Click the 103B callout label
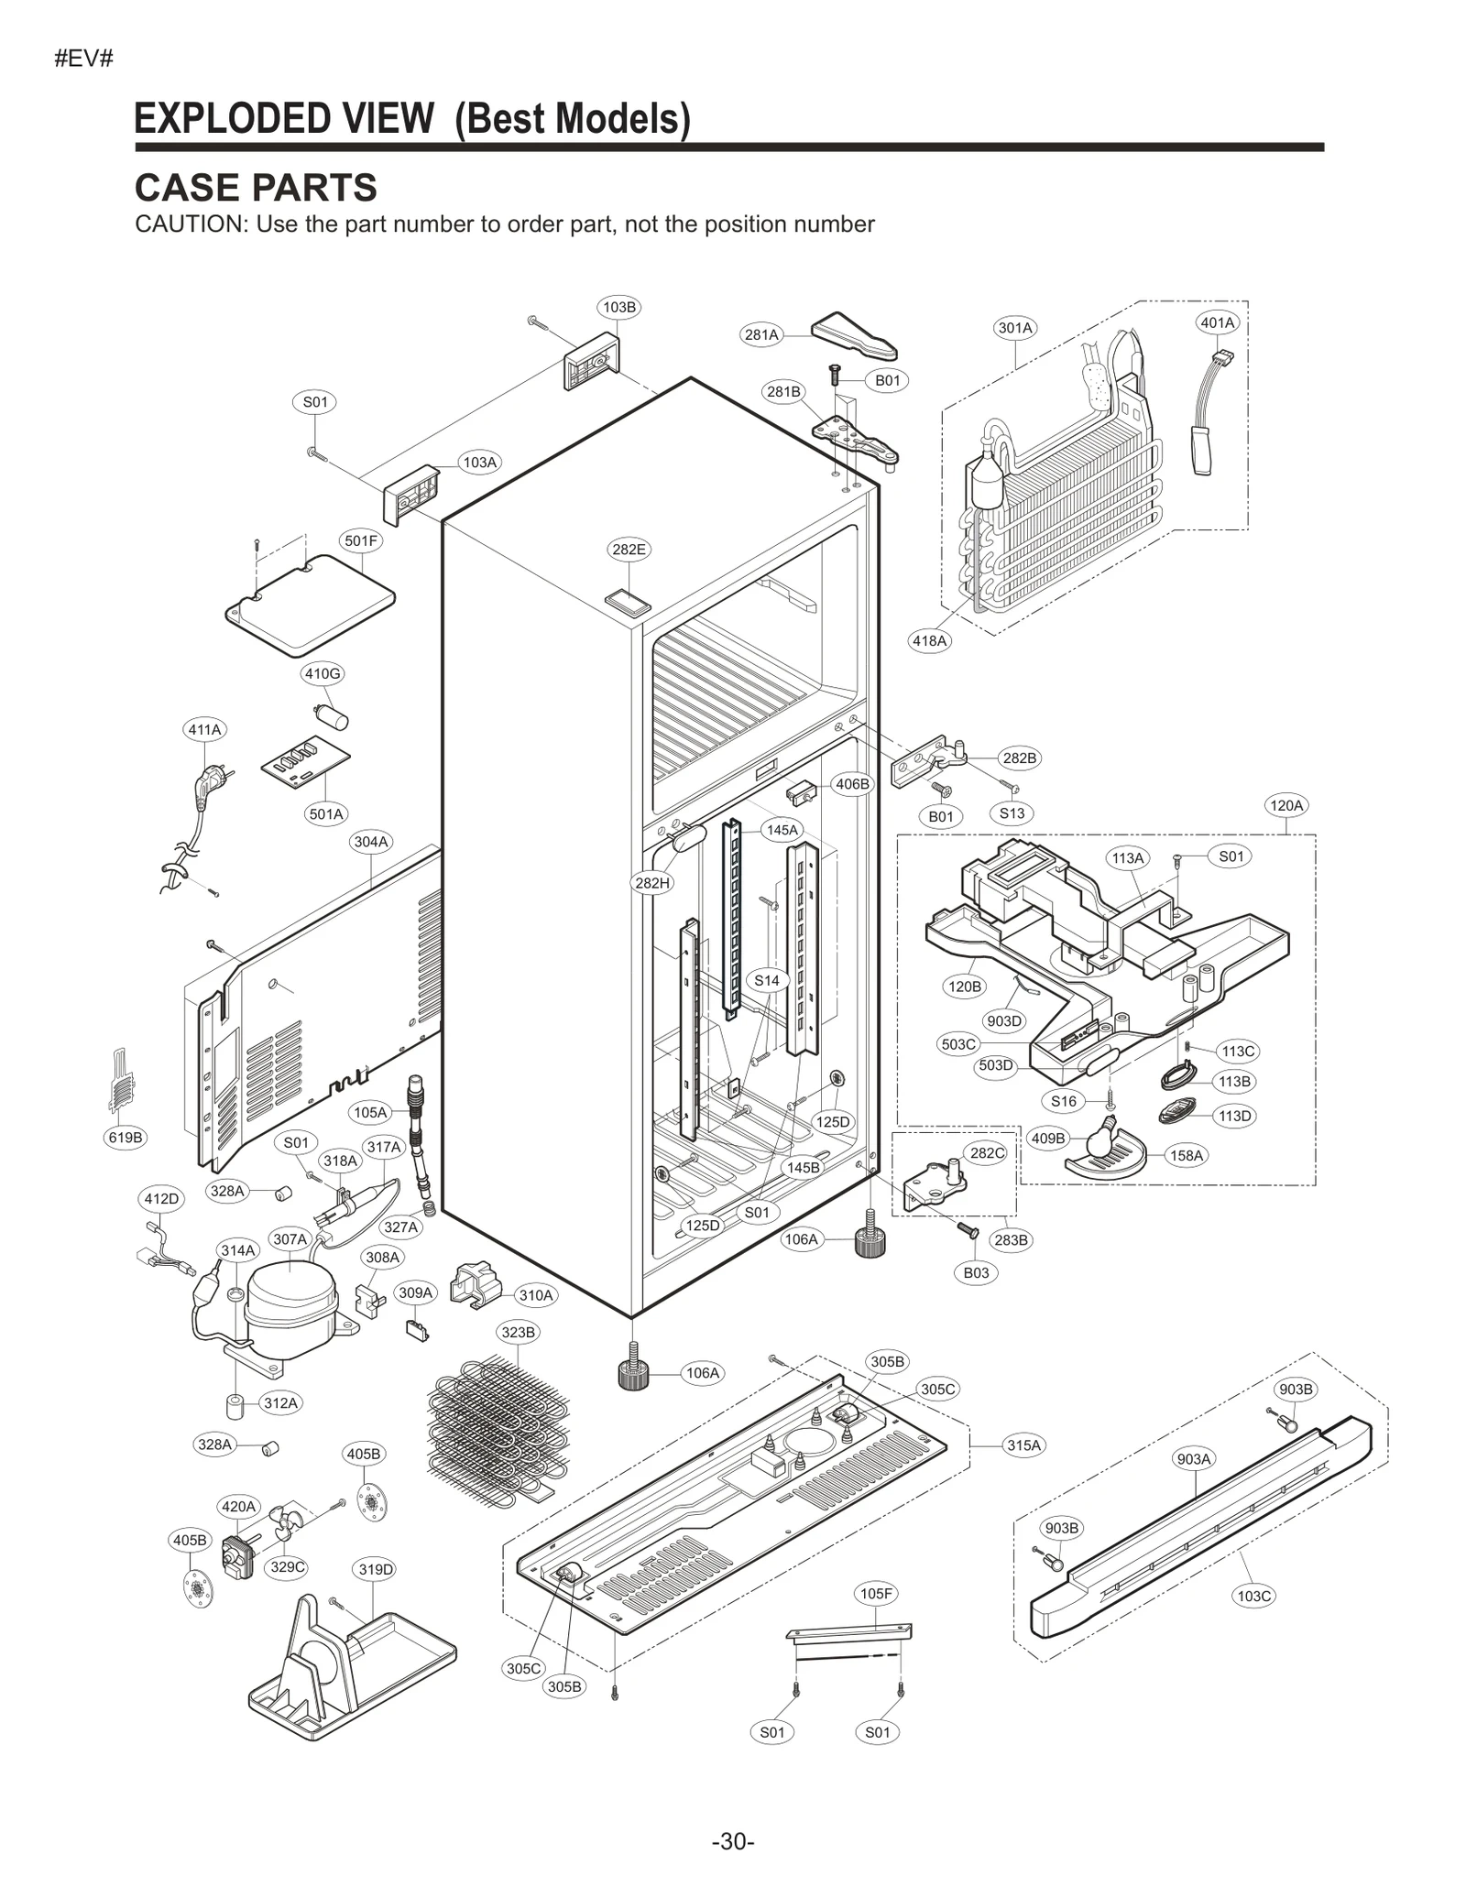[618, 307]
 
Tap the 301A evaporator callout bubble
[1014, 328]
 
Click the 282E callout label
[629, 550]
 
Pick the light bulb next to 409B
[1096, 1144]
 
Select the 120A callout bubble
[1285, 805]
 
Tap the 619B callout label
[126, 1138]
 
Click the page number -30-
[732, 1841]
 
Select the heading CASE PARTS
[256, 188]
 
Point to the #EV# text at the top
[83, 60]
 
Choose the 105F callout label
[876, 1594]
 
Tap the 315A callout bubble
[1023, 1445]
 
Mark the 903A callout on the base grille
[1194, 1459]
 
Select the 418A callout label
[929, 641]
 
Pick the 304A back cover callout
[371, 841]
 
